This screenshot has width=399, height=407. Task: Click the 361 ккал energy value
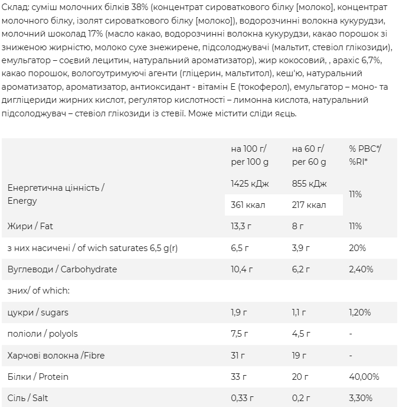248,205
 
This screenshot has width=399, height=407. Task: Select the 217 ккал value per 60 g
309,205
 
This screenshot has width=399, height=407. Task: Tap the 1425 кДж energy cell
250,184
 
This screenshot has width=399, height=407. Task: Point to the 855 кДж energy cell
309,184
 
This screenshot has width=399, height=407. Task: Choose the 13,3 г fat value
241,226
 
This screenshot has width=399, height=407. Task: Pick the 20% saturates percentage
357,248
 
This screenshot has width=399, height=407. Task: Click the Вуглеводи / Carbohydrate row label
62,269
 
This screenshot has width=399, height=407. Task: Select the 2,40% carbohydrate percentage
361,269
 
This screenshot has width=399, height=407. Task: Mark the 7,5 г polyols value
238,334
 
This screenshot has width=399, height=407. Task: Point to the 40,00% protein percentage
364,376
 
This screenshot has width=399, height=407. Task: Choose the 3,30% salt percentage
361,398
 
